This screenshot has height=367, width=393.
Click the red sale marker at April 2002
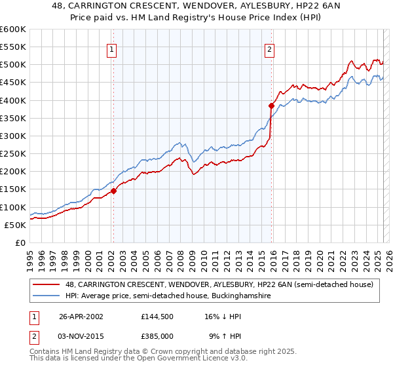(x=113, y=191)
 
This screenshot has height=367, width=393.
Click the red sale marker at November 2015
(x=271, y=106)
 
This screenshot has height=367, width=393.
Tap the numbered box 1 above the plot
(x=112, y=48)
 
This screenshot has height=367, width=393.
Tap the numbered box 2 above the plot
(x=269, y=48)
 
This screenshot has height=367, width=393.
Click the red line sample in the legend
(x=47, y=284)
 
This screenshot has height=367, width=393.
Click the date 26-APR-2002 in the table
(x=81, y=316)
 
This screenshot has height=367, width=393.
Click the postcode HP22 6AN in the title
(x=286, y=6)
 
